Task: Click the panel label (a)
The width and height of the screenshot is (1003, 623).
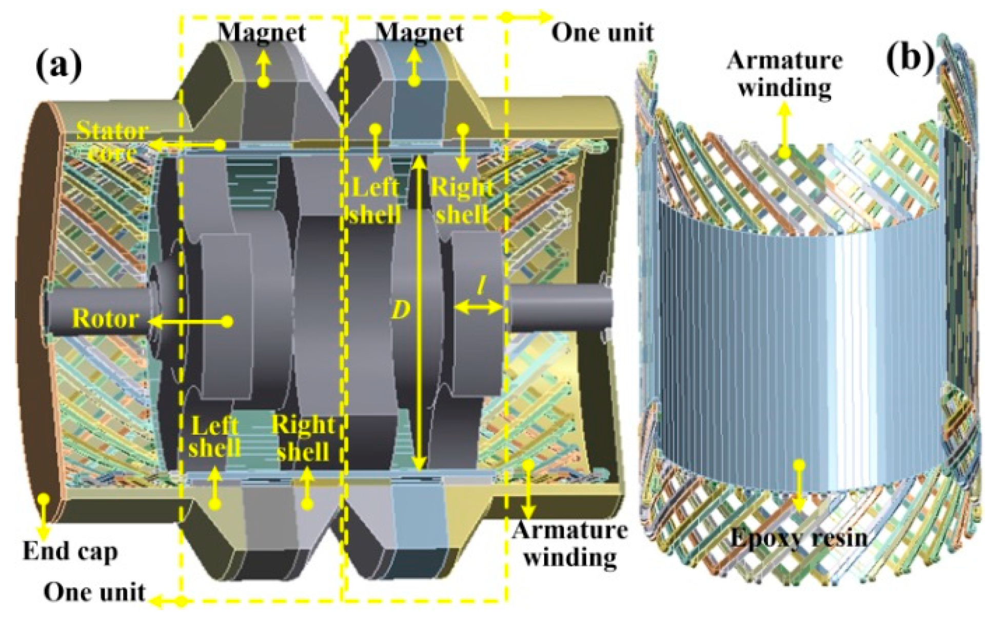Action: point(58,66)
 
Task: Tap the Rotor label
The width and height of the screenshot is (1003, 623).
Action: point(105,319)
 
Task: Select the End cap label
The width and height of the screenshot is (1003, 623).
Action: point(70,552)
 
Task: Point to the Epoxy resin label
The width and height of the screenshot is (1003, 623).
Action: point(799,538)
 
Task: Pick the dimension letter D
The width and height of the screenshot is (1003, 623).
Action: point(401,309)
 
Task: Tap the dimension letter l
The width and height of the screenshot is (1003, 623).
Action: point(481,285)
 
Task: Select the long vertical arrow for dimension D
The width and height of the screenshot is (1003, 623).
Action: point(420,313)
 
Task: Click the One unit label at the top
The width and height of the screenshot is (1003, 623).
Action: point(602,33)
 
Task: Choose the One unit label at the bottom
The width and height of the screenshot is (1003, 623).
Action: point(94,592)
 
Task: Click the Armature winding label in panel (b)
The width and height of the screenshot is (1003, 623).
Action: point(784,74)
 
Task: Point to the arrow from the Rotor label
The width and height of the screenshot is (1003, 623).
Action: point(190,322)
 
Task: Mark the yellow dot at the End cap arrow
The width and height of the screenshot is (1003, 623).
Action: point(44,498)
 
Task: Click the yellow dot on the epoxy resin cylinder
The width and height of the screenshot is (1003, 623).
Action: point(799,465)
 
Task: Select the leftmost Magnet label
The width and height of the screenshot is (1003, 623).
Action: point(262,32)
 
